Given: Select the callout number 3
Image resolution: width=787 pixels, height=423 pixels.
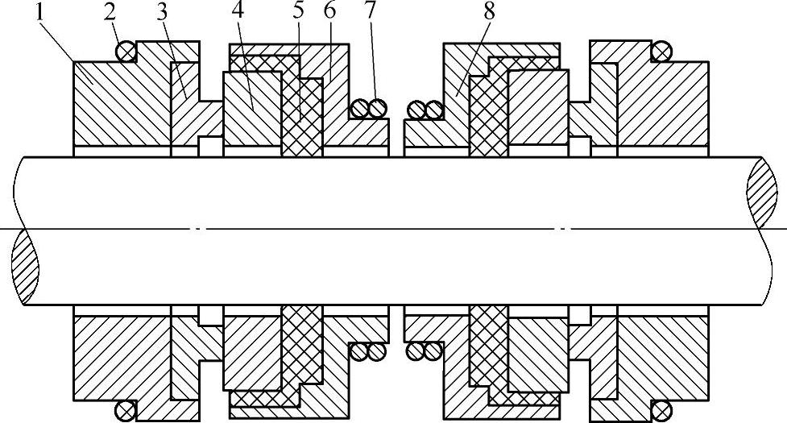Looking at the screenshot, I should click(x=164, y=14).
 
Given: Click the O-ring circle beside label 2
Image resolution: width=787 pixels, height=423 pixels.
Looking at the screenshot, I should click(x=126, y=52).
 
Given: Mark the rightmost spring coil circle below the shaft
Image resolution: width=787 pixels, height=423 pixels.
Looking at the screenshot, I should click(x=433, y=351).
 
